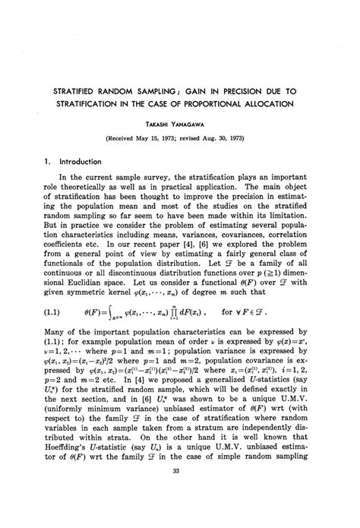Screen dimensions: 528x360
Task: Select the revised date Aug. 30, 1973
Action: (242, 139)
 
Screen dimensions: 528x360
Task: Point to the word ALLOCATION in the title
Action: (298, 103)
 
